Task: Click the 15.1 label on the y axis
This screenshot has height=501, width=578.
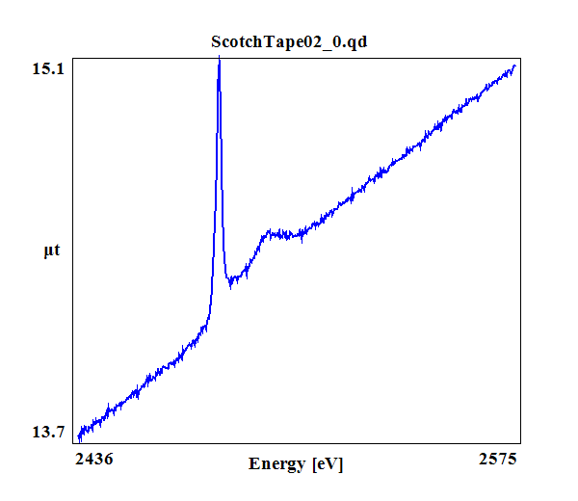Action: pyautogui.click(x=49, y=68)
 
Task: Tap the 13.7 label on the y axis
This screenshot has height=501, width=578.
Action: pyautogui.click(x=49, y=431)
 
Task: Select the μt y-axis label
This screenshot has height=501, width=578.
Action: pyautogui.click(x=52, y=251)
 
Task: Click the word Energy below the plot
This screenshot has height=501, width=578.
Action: pyautogui.click(x=277, y=463)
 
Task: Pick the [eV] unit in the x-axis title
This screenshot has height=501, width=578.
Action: pyautogui.click(x=327, y=463)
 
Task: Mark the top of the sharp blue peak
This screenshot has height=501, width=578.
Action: pyautogui.click(x=220, y=60)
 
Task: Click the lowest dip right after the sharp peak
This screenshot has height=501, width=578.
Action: pyautogui.click(x=230, y=285)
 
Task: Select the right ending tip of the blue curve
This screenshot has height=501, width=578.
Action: pyautogui.click(x=516, y=66)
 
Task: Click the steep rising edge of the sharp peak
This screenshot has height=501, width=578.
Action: pyautogui.click(x=214, y=193)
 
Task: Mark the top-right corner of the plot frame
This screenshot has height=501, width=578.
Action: pyautogui.click(x=521, y=57)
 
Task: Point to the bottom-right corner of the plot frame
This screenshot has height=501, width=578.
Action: pyautogui.click(x=521, y=443)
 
